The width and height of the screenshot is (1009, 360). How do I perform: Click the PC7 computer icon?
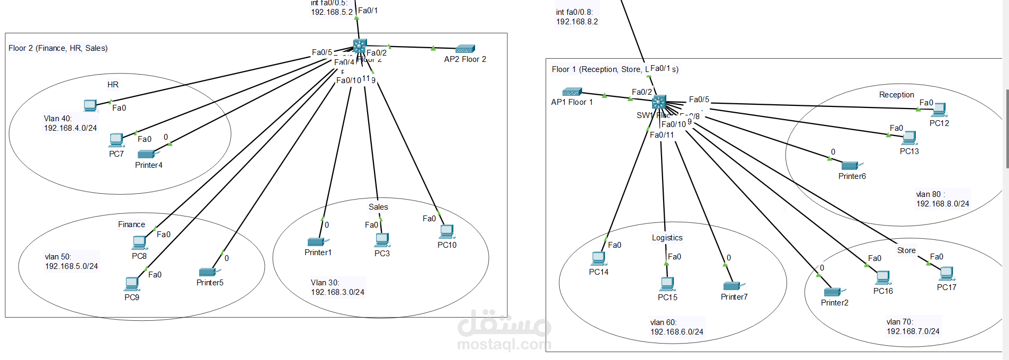[x=117, y=140]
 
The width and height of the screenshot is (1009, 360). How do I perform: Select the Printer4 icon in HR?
[x=147, y=154]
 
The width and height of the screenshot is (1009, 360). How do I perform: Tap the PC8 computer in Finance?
[x=139, y=242]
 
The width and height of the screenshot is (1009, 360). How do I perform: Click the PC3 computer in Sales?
[x=382, y=240]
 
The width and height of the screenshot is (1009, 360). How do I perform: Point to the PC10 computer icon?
[x=447, y=231]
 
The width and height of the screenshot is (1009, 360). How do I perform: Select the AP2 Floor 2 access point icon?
[x=465, y=49]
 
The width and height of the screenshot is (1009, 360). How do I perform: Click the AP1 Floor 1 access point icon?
[x=572, y=92]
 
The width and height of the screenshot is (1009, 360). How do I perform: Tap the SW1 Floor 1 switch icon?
[x=659, y=102]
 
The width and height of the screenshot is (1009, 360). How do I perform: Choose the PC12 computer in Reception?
[x=939, y=110]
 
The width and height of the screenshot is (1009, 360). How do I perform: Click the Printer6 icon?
[x=851, y=166]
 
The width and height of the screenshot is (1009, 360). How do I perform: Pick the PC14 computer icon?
[x=599, y=258]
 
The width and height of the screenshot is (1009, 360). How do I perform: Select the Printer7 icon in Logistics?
[x=733, y=286]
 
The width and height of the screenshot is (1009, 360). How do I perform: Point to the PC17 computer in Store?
[x=947, y=274]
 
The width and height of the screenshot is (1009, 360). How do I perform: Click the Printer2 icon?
[x=833, y=292]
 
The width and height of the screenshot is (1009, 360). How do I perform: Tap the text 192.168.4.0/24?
[x=70, y=128]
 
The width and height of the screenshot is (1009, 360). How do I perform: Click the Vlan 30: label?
[x=325, y=283]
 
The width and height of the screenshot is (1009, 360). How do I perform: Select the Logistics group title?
[x=667, y=238]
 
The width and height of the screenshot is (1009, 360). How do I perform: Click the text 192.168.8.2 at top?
[x=577, y=22]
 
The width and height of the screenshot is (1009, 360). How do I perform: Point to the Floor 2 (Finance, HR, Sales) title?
[x=58, y=48]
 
